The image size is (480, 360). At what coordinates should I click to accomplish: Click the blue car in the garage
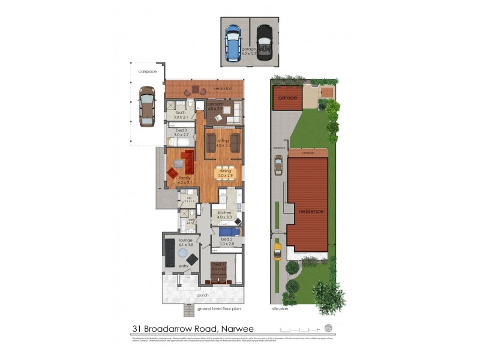(x=232, y=40)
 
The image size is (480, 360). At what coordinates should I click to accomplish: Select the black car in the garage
(x=264, y=40)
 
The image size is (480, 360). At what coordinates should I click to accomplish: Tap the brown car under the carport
(x=146, y=106)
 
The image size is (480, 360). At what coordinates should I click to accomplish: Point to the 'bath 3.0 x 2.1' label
(x=181, y=115)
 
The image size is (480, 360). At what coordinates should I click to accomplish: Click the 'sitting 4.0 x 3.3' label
(x=223, y=143)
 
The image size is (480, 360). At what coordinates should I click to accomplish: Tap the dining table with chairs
(x=225, y=172)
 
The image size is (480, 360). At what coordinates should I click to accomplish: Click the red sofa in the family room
(x=187, y=160)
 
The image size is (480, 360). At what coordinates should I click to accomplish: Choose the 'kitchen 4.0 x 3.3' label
(x=224, y=215)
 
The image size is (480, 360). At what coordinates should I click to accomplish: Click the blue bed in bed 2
(x=229, y=231)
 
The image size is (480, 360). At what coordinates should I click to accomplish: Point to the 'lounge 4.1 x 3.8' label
(x=185, y=242)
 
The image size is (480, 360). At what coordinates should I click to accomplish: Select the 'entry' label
(x=183, y=266)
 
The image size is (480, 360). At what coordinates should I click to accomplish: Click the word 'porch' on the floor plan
(x=203, y=295)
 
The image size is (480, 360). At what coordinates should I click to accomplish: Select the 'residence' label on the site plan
(x=311, y=211)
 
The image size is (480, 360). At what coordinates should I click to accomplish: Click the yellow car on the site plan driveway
(x=277, y=250)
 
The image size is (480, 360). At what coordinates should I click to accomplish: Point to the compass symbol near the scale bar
(x=328, y=328)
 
